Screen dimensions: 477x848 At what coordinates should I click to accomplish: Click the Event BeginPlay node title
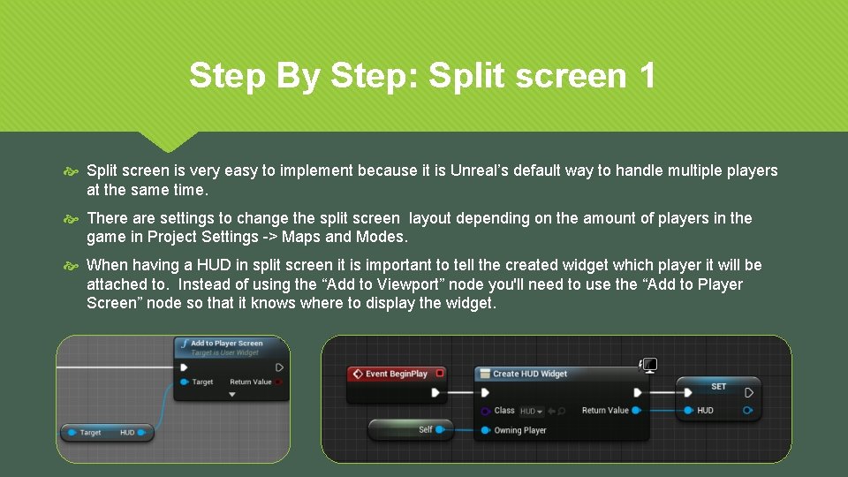pos(397,374)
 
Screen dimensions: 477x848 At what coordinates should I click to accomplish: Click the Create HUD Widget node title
pos(529,374)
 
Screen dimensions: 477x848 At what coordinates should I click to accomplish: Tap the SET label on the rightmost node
pos(718,386)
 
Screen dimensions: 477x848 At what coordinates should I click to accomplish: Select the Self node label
pos(425,430)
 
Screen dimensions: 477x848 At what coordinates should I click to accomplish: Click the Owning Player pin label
pos(520,431)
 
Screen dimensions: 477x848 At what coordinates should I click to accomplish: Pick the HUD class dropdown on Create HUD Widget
pos(531,411)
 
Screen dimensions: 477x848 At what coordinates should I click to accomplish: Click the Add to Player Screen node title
pos(226,344)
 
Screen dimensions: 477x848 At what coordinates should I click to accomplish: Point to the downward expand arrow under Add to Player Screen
pos(232,395)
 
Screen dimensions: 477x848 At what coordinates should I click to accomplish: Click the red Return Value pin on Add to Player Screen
pos(279,382)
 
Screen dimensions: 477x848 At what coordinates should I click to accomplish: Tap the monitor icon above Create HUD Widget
pos(649,365)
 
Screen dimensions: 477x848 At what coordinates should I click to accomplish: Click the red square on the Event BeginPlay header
pos(440,374)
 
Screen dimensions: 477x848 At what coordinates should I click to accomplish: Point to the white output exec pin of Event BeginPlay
pos(435,393)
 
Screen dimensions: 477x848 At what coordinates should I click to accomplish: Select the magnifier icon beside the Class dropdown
pos(562,411)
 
